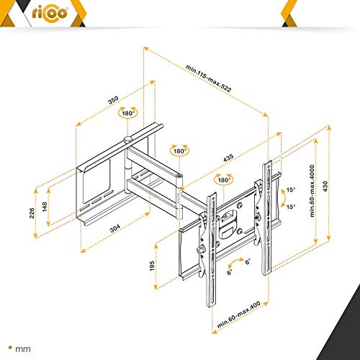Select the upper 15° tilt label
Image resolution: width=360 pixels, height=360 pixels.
[x=291, y=191]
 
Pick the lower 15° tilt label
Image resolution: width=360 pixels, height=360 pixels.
[x=291, y=207]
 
